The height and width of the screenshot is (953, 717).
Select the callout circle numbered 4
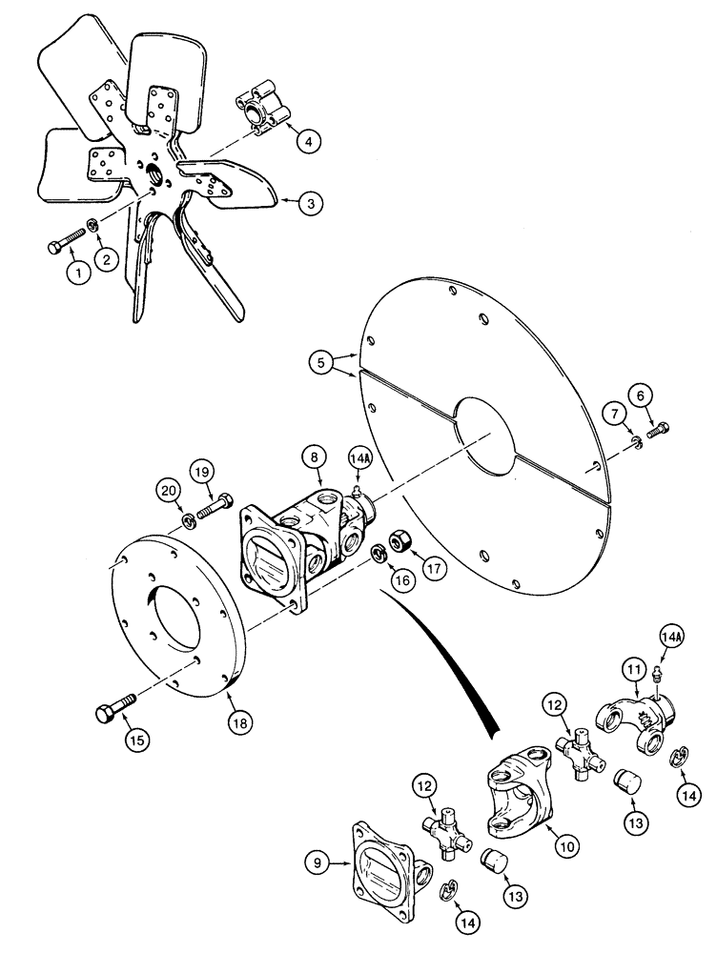(x=307, y=141)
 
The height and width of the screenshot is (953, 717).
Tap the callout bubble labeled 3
(x=308, y=202)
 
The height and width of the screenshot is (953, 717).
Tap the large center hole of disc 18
(x=188, y=631)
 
